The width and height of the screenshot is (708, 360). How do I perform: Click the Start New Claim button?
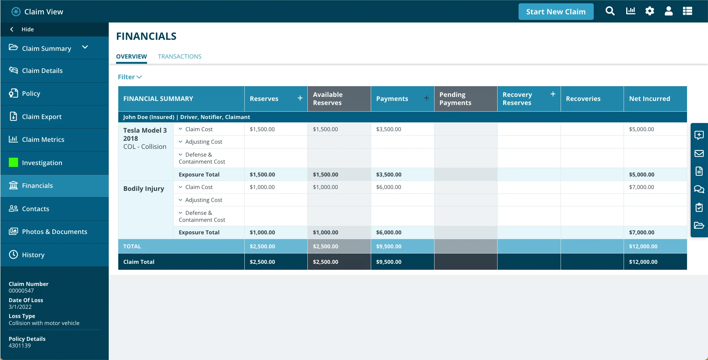click(x=555, y=12)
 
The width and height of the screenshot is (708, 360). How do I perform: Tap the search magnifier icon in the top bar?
click(x=610, y=11)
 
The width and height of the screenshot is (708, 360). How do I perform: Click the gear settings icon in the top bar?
click(x=649, y=11)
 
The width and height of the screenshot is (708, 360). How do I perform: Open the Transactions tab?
click(x=179, y=56)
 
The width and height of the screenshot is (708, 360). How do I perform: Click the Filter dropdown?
click(x=130, y=77)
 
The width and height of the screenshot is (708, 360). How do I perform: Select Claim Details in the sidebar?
click(x=42, y=71)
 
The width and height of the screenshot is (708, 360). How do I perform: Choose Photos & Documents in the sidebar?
click(x=55, y=232)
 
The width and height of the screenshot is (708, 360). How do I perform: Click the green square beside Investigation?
click(x=14, y=162)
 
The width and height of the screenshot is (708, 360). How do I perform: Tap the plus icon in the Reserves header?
click(x=300, y=98)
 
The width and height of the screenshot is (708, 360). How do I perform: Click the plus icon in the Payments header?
click(x=426, y=98)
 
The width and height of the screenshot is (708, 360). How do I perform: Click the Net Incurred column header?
click(x=649, y=99)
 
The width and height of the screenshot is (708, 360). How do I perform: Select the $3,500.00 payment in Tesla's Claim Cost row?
click(x=388, y=129)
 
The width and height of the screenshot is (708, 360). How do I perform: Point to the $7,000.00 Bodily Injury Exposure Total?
click(x=641, y=233)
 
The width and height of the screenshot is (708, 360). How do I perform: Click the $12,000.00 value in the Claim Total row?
click(x=643, y=262)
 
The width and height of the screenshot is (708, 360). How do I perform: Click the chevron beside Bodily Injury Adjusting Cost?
click(x=181, y=200)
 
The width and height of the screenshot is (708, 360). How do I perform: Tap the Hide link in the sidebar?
click(x=27, y=29)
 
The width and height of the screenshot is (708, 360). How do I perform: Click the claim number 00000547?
click(x=21, y=291)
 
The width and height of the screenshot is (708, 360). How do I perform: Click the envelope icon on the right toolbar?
click(x=699, y=153)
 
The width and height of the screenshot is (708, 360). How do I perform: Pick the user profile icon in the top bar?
click(x=669, y=11)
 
